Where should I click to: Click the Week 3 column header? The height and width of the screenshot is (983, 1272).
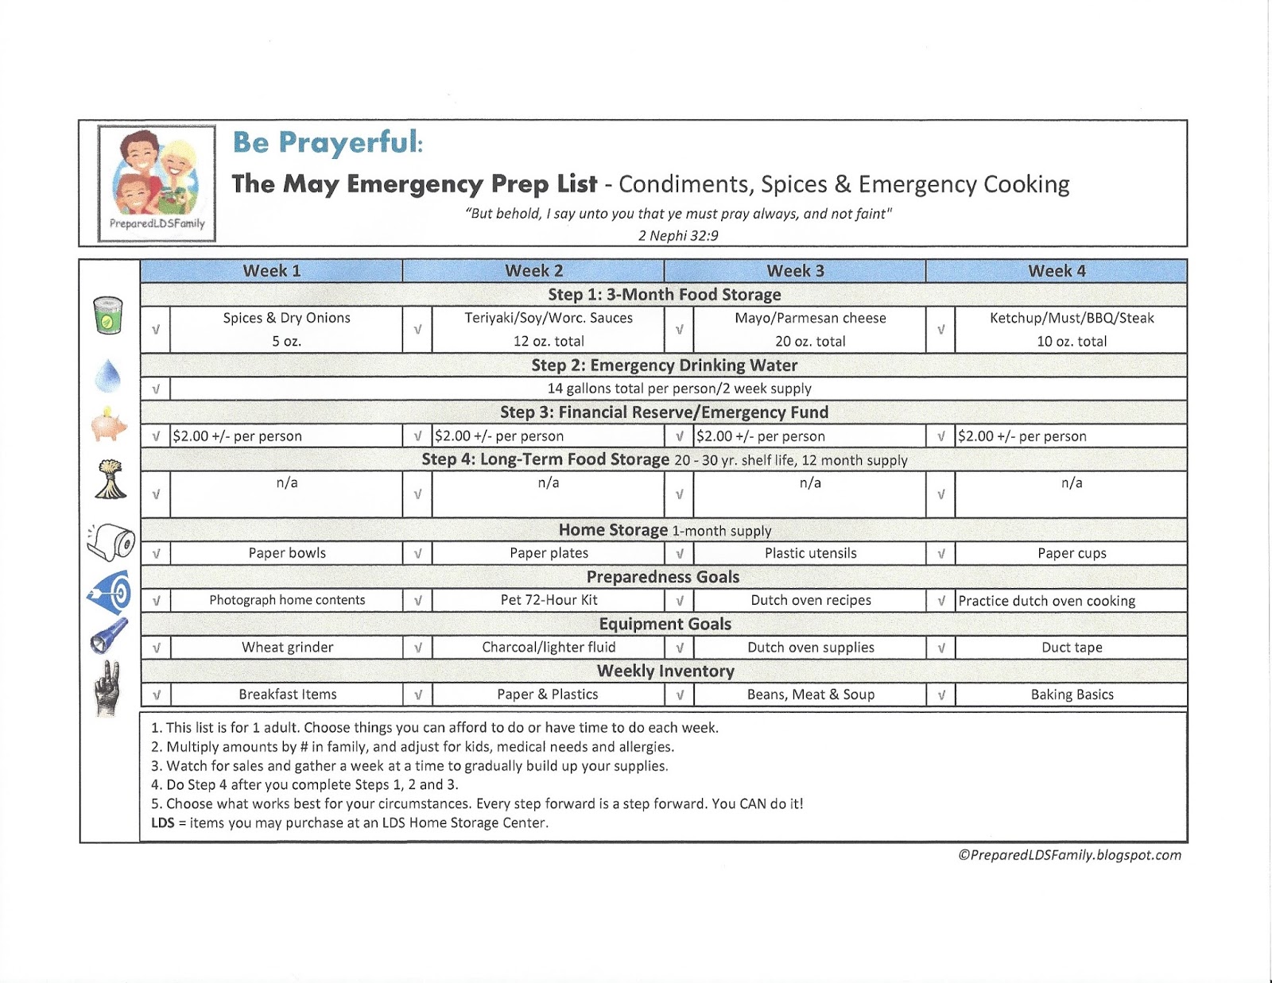point(795,271)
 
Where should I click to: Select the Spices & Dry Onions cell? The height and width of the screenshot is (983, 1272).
point(286,329)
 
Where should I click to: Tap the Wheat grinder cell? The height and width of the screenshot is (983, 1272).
point(287,648)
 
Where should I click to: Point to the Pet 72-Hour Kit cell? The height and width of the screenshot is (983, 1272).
point(549,600)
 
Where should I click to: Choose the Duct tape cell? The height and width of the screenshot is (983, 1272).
point(1071,648)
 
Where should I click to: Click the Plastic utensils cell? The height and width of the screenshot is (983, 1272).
point(810,553)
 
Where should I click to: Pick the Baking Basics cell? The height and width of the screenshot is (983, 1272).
point(1071,695)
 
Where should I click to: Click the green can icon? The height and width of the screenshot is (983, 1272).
point(108,315)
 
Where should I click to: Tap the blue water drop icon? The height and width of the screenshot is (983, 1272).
point(108,376)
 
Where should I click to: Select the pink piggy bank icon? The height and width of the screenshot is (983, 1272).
point(108,424)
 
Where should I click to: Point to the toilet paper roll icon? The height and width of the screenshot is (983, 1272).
point(111,543)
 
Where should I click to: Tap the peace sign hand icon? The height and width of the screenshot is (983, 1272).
point(108,688)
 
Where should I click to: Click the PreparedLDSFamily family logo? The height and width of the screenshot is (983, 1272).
point(157,183)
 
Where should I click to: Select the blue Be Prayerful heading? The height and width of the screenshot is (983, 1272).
point(328,142)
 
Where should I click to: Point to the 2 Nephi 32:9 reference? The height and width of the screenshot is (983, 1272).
point(678,235)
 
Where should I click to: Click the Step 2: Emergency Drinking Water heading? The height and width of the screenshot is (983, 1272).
point(664,366)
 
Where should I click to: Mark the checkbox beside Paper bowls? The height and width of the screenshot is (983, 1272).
point(156,553)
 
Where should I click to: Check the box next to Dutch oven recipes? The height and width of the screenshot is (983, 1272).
point(679,601)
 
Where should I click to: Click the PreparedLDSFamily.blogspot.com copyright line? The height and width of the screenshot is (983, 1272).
point(1069,855)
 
